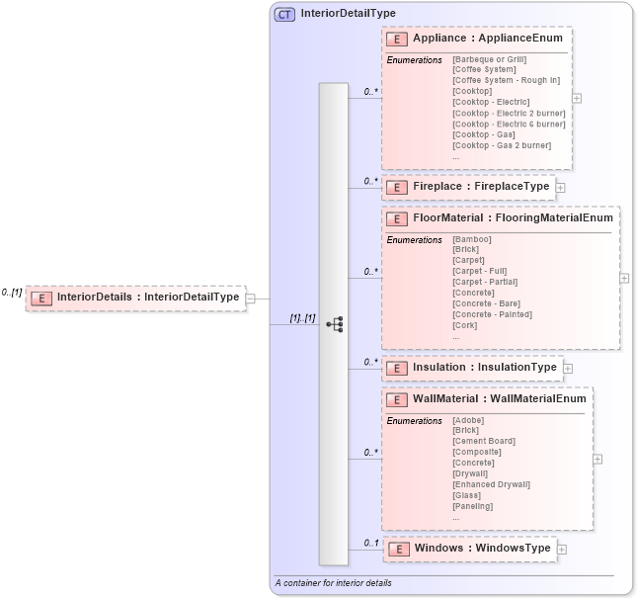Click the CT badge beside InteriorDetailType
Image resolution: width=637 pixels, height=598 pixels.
(x=284, y=14)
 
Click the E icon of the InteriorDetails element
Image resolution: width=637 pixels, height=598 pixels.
(x=41, y=297)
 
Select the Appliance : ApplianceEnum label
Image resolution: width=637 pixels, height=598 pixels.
(x=487, y=39)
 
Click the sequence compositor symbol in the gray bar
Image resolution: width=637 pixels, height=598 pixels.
(x=334, y=324)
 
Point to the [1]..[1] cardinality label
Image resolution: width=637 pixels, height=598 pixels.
(x=301, y=318)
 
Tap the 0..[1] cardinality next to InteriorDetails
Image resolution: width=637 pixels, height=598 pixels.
(x=12, y=293)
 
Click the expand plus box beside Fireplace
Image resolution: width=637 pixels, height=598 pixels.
(x=560, y=187)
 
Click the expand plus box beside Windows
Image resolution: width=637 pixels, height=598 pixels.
(x=561, y=549)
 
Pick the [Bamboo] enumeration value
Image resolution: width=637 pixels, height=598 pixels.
(x=471, y=239)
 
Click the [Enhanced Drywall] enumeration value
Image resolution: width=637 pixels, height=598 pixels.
(x=491, y=484)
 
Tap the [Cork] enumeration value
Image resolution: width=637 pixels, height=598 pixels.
(x=464, y=325)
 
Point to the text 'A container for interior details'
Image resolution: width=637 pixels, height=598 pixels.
(x=333, y=583)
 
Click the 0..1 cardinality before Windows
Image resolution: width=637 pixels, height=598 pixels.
(x=370, y=543)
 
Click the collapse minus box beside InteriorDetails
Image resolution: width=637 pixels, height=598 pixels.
(x=251, y=297)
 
